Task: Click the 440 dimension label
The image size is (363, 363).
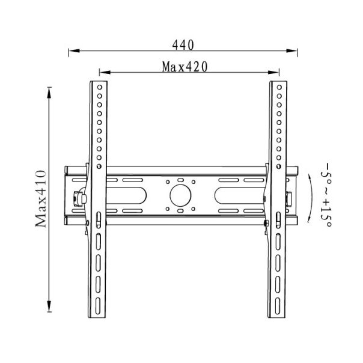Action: pos(183,45)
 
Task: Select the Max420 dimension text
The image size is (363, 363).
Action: pos(185,67)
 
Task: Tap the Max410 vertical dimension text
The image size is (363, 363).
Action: pos(41,198)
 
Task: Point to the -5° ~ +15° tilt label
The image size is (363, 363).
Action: pos(326,195)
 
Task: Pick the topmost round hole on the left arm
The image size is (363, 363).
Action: pos(100,87)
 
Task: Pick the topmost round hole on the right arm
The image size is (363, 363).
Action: pos(279,87)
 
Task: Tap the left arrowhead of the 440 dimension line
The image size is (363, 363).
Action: pos(74,50)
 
